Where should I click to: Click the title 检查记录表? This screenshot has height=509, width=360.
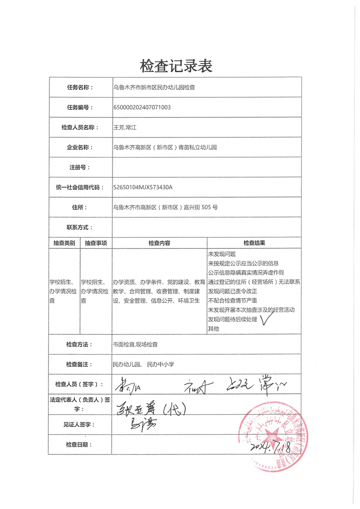coord(176,66)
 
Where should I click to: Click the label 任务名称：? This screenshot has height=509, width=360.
coord(80,87)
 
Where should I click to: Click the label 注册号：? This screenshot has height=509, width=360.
coord(80,167)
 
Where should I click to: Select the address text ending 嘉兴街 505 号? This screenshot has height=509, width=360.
coord(165,208)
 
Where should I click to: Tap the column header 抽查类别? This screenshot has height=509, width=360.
coord(64,243)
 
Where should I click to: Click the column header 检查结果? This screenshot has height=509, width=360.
coord(254,243)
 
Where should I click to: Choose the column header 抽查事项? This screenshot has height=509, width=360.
coord(96,243)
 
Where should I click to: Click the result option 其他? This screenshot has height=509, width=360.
coord(213,329)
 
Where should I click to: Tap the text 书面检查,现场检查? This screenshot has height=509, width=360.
coord(135,345)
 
